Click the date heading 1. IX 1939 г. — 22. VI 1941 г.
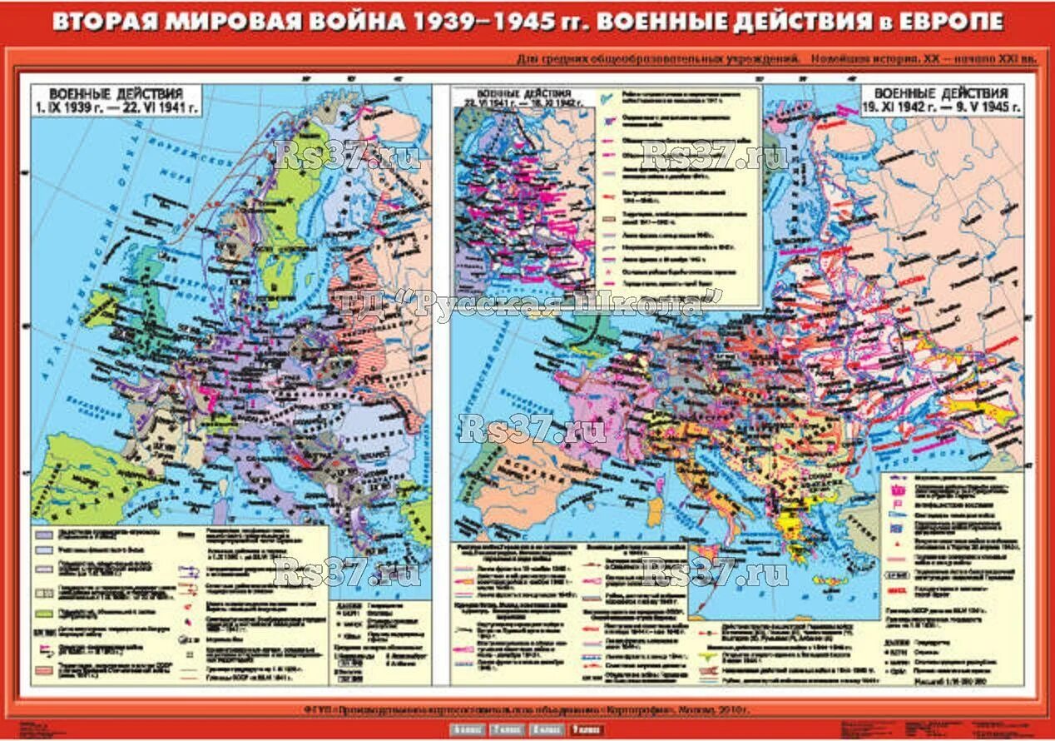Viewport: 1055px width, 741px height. pos(116,107)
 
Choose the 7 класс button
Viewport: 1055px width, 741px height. pos(508,730)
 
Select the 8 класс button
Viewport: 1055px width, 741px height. pos(547,730)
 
